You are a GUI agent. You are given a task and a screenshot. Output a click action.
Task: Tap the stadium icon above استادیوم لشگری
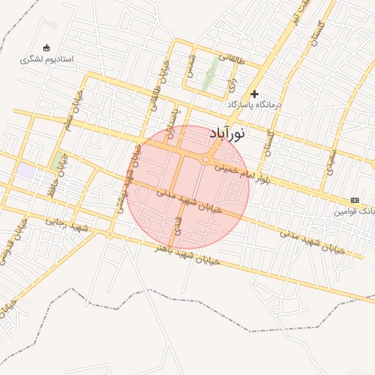[48, 48]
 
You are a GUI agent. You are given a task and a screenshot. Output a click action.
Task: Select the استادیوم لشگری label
[48, 59]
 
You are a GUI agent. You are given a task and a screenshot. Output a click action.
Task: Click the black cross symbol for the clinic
[255, 94]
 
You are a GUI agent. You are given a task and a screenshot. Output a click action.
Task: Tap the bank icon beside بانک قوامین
[355, 200]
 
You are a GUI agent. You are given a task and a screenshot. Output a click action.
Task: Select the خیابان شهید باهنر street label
[186, 255]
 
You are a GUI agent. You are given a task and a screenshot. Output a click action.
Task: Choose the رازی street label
[232, 82]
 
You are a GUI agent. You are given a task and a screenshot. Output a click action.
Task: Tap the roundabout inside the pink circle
[206, 159]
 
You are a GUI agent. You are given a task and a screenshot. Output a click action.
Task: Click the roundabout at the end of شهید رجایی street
[109, 234]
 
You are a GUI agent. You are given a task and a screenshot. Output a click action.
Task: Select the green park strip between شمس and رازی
[211, 73]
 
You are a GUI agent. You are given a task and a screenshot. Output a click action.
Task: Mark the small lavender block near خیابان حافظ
[26, 170]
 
